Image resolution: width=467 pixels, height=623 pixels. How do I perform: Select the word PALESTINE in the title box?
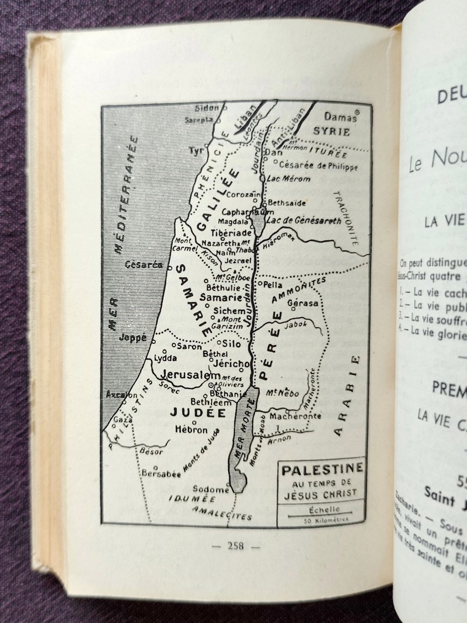click(320, 467)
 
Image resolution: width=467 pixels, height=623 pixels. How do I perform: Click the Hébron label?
click(191, 429)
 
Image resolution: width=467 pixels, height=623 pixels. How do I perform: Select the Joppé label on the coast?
click(131, 337)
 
